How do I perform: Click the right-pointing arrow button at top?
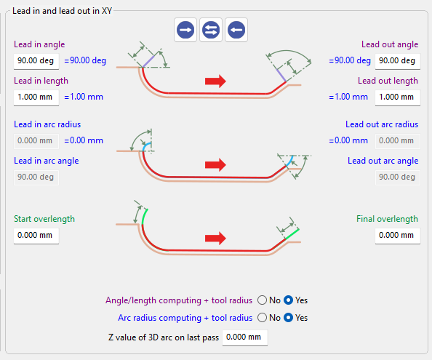185,30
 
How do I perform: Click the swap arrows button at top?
211,30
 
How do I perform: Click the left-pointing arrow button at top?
236,30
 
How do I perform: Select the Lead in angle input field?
36,61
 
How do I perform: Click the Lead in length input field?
36,97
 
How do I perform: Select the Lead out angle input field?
398,61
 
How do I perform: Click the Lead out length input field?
398,97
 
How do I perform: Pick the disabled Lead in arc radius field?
36,141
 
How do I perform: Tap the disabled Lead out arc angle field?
398,177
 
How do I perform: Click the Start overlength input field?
36,236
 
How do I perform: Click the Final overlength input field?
398,236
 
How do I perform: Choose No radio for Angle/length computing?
262,300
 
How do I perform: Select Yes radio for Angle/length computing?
288,300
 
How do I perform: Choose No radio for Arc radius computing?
262,318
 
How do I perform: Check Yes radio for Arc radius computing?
288,318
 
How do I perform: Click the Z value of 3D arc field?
245,337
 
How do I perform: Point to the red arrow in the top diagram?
215,81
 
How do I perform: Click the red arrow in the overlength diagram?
215,238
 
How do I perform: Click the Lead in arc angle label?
47,161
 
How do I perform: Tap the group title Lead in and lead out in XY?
63,11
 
